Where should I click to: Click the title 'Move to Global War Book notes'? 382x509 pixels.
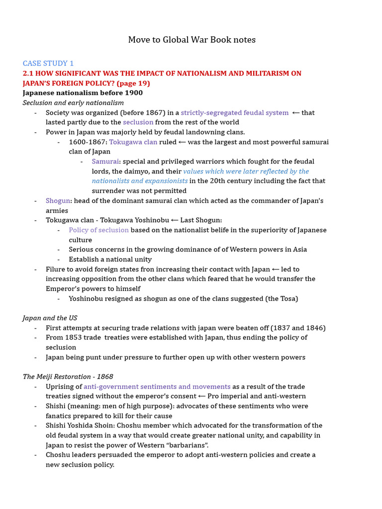tap(191, 39)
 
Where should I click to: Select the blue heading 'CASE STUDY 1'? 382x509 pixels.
tap(48, 63)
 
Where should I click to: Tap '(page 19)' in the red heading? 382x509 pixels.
tap(133, 83)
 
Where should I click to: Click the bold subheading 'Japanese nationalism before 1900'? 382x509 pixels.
tap(83, 93)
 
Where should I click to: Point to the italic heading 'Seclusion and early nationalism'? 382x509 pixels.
tap(73, 102)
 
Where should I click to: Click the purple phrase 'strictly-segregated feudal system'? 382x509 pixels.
tap(234, 112)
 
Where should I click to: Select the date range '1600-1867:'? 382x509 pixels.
tap(88, 142)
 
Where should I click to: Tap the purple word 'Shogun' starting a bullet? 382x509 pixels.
tap(58, 201)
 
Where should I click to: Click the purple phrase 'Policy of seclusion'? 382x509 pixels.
tap(98, 230)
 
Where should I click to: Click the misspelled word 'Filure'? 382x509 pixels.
tap(55, 269)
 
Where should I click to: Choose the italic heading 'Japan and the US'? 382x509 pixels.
tap(50, 318)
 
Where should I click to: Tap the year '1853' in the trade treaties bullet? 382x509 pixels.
tap(73, 338)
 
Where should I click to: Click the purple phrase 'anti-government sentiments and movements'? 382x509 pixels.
tap(157, 387)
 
